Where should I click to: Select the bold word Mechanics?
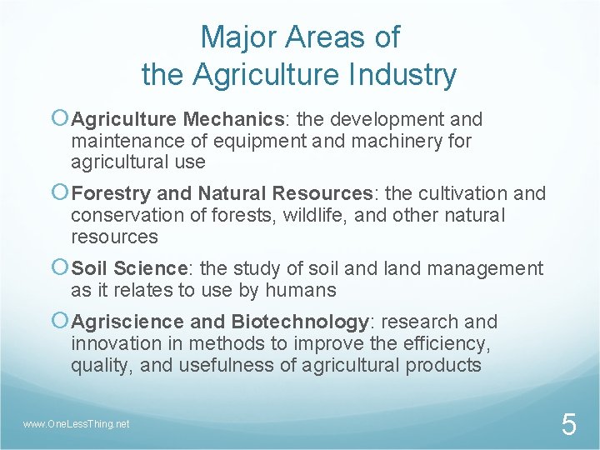(233, 119)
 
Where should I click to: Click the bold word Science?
(150, 268)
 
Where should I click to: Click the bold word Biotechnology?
(300, 322)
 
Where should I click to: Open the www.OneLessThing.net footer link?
(77, 424)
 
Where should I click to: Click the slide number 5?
(568, 425)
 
